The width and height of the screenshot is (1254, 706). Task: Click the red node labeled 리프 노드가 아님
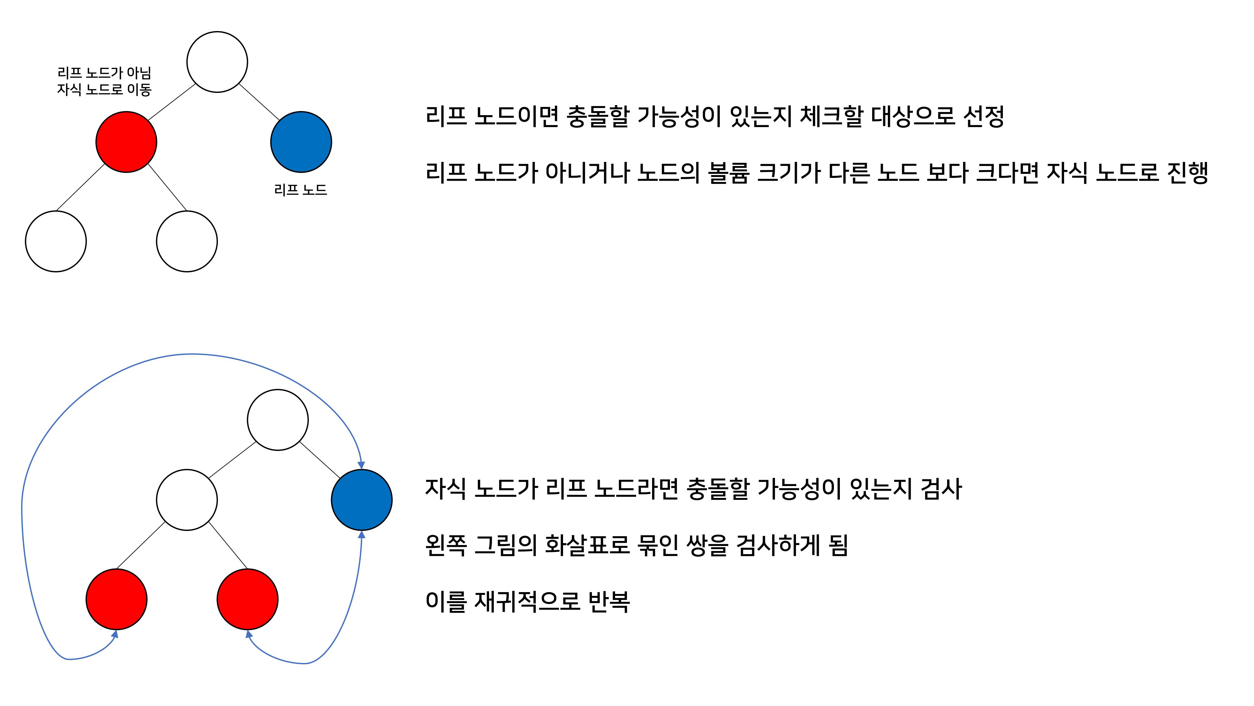[x=126, y=142]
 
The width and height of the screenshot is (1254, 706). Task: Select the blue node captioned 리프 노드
[x=301, y=142]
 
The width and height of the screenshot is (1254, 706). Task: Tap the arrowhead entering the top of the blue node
[x=361, y=465]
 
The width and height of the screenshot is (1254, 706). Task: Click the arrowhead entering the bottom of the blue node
[x=361, y=534]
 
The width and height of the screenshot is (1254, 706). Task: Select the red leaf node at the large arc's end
[x=116, y=599]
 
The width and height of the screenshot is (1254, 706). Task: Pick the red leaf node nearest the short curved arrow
[x=247, y=599]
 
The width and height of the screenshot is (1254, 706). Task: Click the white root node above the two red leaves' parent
[x=277, y=420]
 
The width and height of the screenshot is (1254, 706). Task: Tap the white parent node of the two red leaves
[x=187, y=500]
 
